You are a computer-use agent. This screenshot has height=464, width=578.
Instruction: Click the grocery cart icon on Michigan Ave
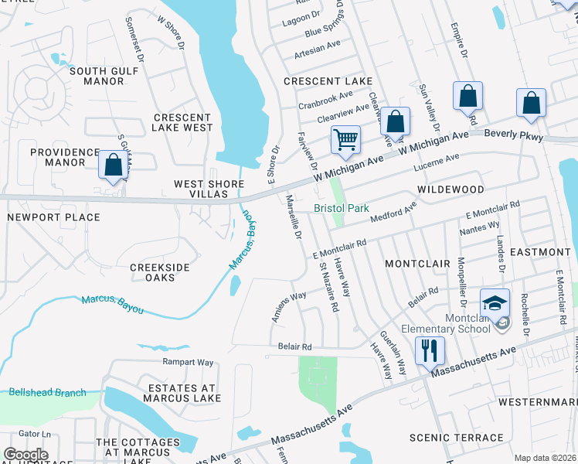coord(345,140)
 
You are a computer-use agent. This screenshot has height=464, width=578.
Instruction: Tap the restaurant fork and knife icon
coord(429,350)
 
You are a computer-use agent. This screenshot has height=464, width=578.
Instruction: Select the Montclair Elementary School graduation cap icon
coord(495,302)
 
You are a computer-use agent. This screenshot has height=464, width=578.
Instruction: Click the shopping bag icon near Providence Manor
coord(113,165)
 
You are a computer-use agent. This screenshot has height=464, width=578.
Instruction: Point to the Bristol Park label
coord(342,208)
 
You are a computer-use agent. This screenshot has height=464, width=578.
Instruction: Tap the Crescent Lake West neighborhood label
coord(182,122)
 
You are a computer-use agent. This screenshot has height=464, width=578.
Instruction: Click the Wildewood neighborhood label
coord(450,189)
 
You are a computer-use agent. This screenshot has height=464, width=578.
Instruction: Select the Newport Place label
coord(44,218)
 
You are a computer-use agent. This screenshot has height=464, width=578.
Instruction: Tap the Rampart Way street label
coord(187,362)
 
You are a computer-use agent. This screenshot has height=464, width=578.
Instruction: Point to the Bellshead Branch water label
coord(48,392)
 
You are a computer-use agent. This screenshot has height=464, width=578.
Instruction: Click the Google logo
coord(25,455)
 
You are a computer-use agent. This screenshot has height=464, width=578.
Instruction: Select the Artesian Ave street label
coord(317,55)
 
